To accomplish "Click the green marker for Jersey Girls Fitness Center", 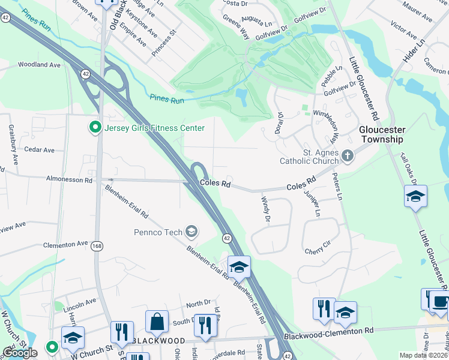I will (94, 128).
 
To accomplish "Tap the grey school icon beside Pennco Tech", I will (191, 231).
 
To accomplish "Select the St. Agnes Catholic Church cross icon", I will (347, 157).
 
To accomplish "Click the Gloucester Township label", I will (382, 134).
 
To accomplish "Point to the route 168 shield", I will (97, 246).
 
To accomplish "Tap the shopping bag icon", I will (157, 321).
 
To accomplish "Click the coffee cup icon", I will (439, 301).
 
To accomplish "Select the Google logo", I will (20, 352).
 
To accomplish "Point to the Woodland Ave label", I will (40, 64).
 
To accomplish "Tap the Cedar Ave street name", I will (39, 150).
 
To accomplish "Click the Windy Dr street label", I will (264, 209).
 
